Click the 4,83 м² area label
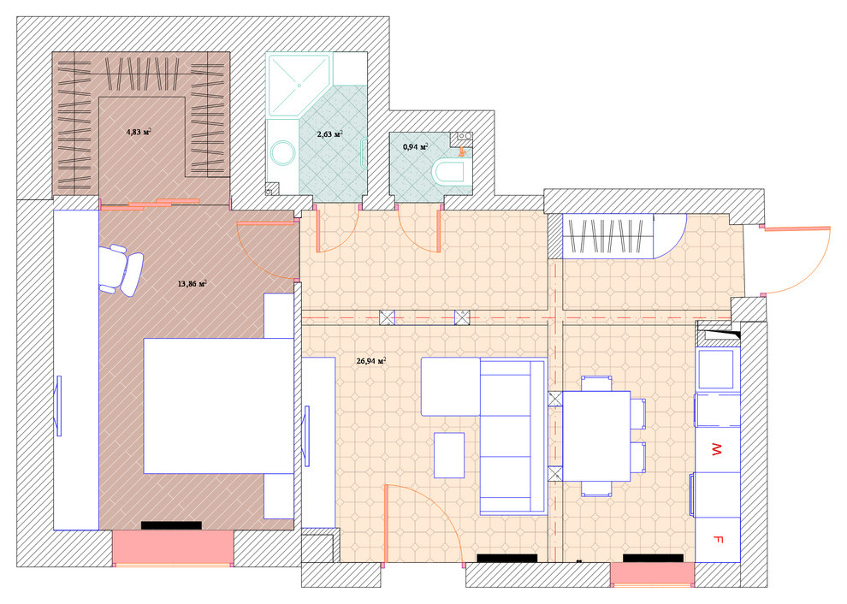139,132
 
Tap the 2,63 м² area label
329,134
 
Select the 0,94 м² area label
416,146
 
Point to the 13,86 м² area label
192,283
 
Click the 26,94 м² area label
371,361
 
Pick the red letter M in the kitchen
717,449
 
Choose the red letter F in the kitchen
718,539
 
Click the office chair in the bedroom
121,269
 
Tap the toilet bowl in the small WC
448,172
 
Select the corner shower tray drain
299,85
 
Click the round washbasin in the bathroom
282,153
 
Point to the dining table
596,436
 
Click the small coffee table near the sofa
449,455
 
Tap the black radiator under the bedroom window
171,525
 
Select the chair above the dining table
596,383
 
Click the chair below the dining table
596,489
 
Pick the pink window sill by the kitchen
653,573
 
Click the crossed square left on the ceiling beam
387,317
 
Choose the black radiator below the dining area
653,558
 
